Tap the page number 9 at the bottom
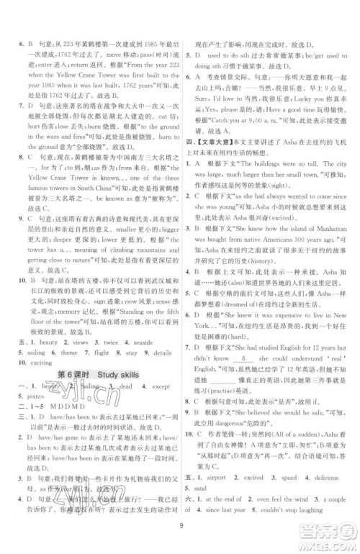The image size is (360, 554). (179, 534)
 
